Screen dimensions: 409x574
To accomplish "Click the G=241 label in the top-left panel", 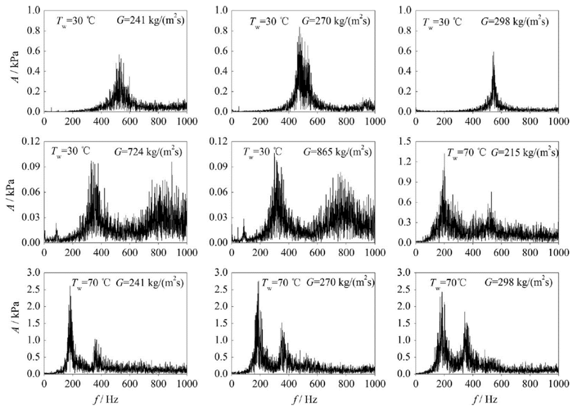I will coord(150,21).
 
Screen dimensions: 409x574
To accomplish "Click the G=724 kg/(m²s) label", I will coord(148,152).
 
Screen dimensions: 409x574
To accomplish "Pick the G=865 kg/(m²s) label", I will coord(337,152).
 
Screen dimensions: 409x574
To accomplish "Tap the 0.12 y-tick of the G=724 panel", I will coord(31,142).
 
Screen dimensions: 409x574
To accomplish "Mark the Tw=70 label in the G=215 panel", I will coord(466,153).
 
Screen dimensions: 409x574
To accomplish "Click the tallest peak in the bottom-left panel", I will coord(70,287).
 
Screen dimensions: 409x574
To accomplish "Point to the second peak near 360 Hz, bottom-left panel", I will coord(95,339).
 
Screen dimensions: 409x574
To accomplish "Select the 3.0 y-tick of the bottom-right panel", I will coord(405,273).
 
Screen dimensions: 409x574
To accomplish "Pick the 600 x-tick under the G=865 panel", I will coord(317,253).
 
